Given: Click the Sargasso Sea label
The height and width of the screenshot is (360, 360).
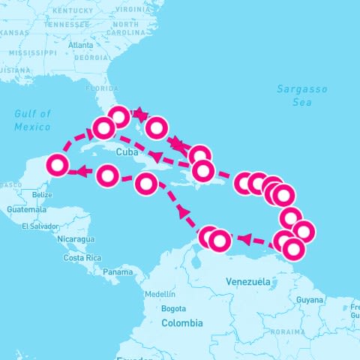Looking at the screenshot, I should [x=301, y=95].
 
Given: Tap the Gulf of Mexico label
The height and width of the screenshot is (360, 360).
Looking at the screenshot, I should [x=32, y=120].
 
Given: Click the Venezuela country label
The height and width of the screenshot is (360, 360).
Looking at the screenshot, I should [x=247, y=281].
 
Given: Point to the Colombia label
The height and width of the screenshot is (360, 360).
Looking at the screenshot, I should [x=181, y=322].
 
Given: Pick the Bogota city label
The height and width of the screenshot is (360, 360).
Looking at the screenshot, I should [x=173, y=308].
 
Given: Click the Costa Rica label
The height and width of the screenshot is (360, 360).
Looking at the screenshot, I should [x=82, y=257].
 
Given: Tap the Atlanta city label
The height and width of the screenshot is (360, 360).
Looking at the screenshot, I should [x=80, y=45].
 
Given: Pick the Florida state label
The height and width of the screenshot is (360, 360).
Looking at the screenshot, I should [x=102, y=88].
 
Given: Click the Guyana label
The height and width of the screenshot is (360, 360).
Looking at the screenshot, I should [x=310, y=299].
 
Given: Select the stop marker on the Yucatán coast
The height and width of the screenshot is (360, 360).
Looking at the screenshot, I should [x=58, y=165].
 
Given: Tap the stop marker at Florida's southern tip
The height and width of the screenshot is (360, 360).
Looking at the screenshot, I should [x=118, y=116].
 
